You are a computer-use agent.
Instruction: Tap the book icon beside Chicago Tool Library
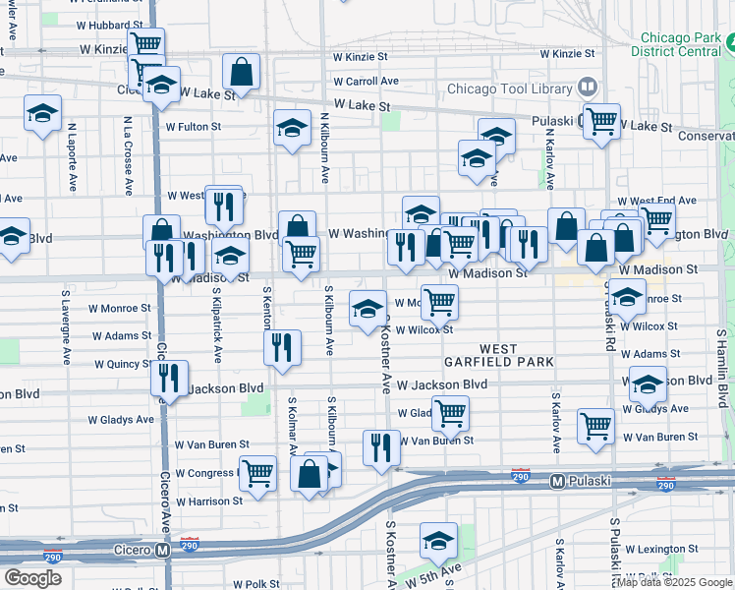pos(588,88)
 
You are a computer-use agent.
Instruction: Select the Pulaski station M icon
pos(556,481)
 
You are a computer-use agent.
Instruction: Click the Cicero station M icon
pos(163,551)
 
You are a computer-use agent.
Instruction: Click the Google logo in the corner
pos(32,578)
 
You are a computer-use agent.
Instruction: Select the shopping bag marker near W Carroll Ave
pos(241,71)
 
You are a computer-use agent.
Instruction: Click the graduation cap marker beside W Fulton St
pos(292,128)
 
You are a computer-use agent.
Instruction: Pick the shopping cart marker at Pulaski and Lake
pos(601,121)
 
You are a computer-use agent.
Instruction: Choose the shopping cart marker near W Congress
pos(257,471)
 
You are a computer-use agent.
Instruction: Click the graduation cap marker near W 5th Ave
pos(438,539)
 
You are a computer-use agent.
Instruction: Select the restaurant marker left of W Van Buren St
pos(380,446)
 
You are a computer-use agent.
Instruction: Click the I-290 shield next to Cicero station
pos(189,543)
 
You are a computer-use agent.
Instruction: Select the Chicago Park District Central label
pos(677,43)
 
